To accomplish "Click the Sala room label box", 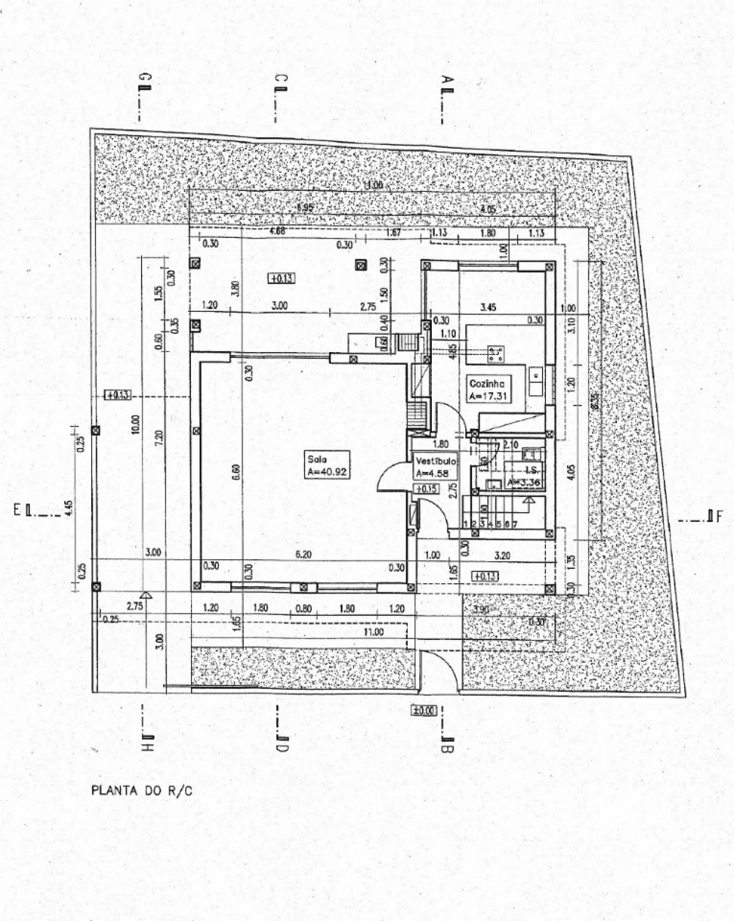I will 327,465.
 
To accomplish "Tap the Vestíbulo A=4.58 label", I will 436,467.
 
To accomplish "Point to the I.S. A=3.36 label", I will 524,477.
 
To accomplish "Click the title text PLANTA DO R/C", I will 142,791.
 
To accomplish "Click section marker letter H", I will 147,747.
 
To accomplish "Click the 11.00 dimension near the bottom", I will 373,631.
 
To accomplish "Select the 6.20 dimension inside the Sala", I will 303,555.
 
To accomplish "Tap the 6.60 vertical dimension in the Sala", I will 235,472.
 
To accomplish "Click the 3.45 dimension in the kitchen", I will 488,307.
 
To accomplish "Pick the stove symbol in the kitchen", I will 495,354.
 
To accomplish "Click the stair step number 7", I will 515,524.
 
